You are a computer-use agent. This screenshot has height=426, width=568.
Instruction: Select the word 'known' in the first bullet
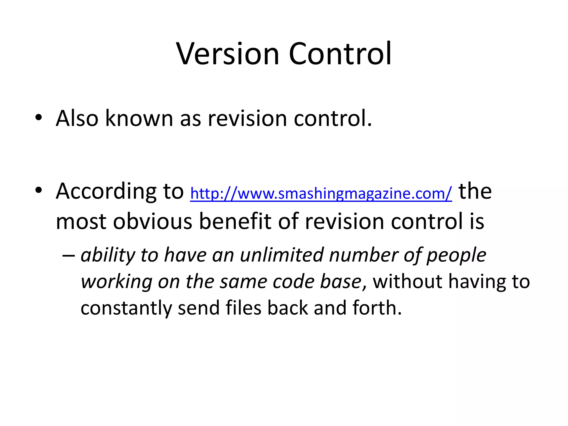139,118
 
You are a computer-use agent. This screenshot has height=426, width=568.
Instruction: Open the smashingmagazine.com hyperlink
321,193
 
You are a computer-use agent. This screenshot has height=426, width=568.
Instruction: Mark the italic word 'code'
293,282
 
